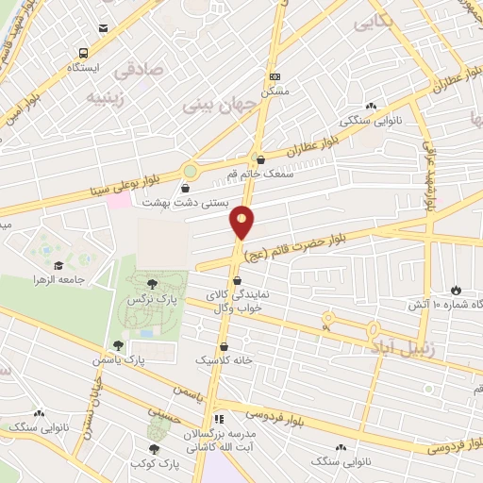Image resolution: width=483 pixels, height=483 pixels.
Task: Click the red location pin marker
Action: pyautogui.click(x=242, y=222)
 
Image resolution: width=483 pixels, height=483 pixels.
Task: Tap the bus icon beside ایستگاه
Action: pyautogui.click(x=84, y=53)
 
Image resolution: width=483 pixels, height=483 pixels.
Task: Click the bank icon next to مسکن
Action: pyautogui.click(x=275, y=76)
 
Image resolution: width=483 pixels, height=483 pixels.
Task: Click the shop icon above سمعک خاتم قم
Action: pyautogui.click(x=260, y=159)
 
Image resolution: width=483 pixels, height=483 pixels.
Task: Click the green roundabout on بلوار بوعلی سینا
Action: pyautogui.click(x=191, y=171)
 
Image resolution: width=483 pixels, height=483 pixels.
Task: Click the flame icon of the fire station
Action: pyautogui.click(x=457, y=289)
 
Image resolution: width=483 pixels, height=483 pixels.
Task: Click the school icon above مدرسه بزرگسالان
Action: pyautogui.click(x=220, y=418)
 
